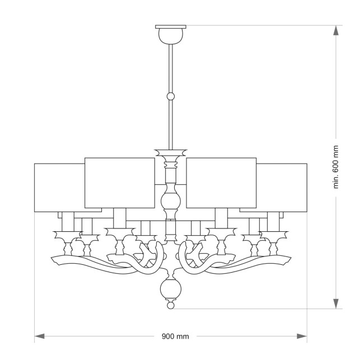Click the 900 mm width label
pyautogui.click(x=175, y=336)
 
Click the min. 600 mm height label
pyautogui.click(x=336, y=167)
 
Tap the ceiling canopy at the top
pyautogui.click(x=171, y=34)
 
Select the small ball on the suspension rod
pyautogui.click(x=171, y=96)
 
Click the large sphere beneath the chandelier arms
pyautogui.click(x=170, y=289)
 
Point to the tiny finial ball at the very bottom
pyautogui.click(x=171, y=306)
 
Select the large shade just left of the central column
pyautogui.click(x=119, y=182)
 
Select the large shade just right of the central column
pyautogui.click(x=222, y=182)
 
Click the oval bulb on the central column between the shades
pyautogui.click(x=170, y=200)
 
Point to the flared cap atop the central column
pyautogui.click(x=171, y=152)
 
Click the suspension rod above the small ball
pyautogui.click(x=171, y=67)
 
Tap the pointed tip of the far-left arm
pyautogui.click(x=51, y=259)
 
